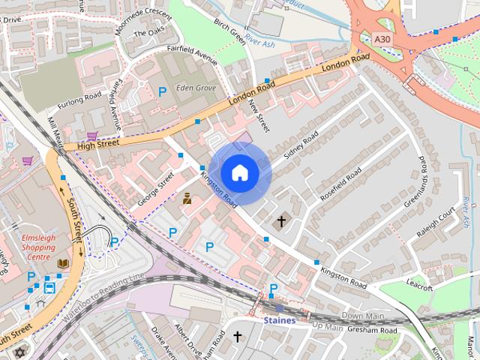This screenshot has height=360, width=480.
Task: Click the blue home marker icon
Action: pyautogui.click(x=239, y=173)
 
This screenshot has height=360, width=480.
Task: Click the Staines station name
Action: pyautogui.click(x=279, y=320)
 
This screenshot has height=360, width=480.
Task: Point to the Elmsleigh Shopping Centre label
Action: pyautogui.click(x=37, y=247)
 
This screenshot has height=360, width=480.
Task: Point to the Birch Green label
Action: pyautogui.click(x=230, y=32)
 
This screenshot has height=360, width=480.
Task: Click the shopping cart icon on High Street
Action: pyautogui.click(x=91, y=136)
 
